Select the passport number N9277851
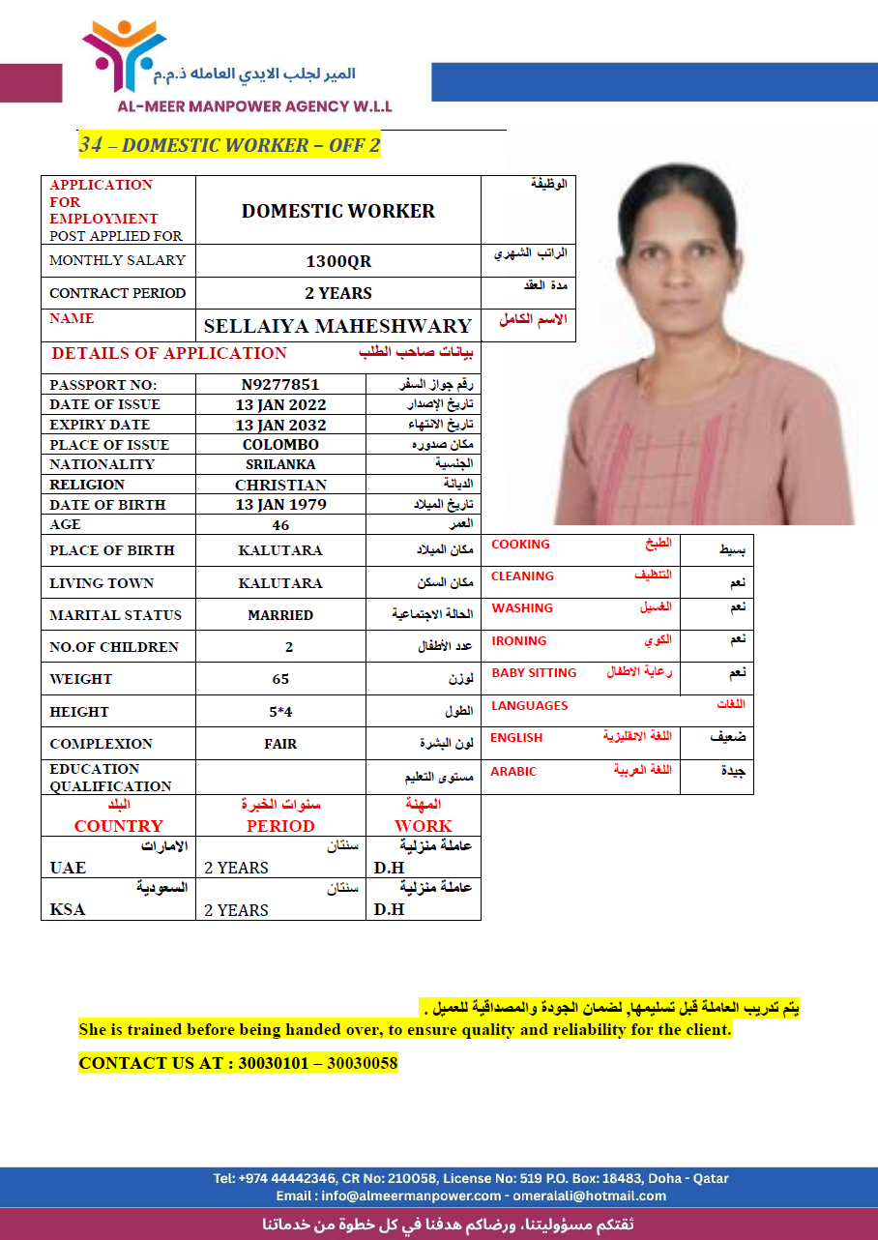(x=280, y=384)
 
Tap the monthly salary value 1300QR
(x=338, y=261)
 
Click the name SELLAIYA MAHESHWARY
(x=337, y=326)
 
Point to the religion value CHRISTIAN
(x=280, y=485)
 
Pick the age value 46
(x=280, y=525)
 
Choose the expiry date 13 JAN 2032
(x=280, y=425)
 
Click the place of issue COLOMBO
(x=280, y=445)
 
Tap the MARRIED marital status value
(x=280, y=615)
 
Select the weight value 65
(x=280, y=679)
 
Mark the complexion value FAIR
(x=280, y=744)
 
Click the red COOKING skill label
(x=520, y=545)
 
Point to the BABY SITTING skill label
(x=534, y=673)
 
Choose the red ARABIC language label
(x=513, y=772)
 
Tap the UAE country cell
(x=68, y=868)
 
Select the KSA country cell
(x=68, y=909)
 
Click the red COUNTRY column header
(x=118, y=826)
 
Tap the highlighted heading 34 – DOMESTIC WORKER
(x=229, y=145)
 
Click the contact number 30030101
(x=274, y=1063)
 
